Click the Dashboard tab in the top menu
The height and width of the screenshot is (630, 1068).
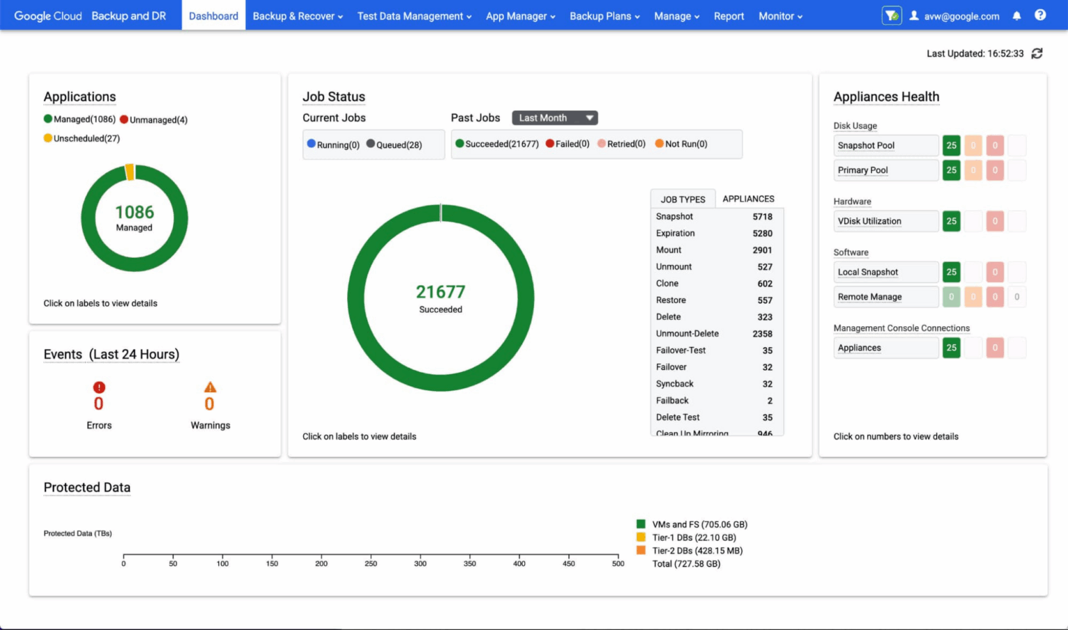(x=213, y=16)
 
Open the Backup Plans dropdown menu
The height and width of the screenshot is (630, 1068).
(x=604, y=16)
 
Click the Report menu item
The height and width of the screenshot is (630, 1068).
(x=729, y=16)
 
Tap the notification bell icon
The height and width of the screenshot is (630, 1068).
(x=1017, y=15)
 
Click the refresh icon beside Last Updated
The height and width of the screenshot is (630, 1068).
(x=1037, y=54)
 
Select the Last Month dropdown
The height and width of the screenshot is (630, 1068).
(x=555, y=118)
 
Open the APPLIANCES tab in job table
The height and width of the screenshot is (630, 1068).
(x=748, y=199)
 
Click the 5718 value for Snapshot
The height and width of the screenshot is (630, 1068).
(x=762, y=216)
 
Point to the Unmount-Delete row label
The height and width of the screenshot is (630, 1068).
(x=687, y=334)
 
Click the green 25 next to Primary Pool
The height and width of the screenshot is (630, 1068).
(x=951, y=170)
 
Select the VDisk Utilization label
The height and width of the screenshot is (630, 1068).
(x=869, y=221)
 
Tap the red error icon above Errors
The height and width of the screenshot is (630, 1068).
(x=99, y=387)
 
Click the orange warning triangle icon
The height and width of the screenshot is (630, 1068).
(x=210, y=387)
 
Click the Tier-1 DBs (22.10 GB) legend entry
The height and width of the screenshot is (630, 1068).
(x=693, y=538)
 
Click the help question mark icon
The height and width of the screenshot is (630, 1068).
(x=1040, y=15)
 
